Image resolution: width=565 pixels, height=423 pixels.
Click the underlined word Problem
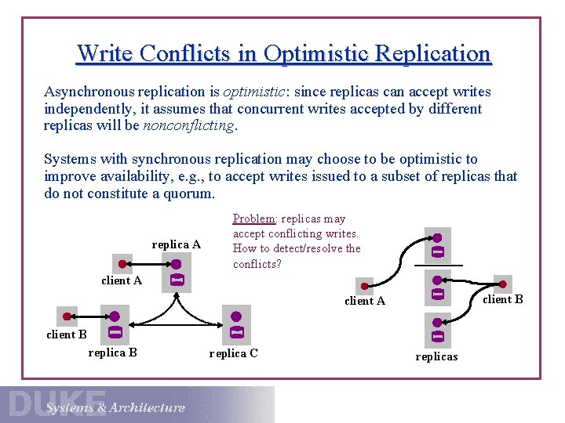coord(253,219)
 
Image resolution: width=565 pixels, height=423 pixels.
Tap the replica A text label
coord(176,244)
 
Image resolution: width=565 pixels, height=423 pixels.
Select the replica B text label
coord(113,352)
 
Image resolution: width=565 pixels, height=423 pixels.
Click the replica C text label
coord(233,353)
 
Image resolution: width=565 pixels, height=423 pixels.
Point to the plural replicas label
coord(436,356)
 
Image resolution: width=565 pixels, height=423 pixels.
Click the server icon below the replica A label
coord(177,273)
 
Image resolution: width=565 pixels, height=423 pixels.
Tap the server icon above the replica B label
coord(115,325)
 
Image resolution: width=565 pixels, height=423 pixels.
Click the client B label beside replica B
coord(67,334)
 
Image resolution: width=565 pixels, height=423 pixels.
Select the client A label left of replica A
coord(122,280)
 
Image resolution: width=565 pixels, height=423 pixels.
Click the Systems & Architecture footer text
coord(115,407)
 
